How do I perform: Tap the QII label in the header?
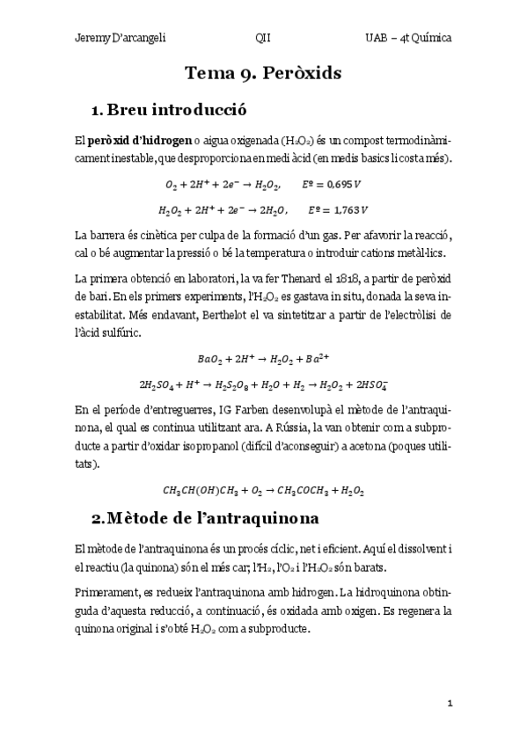(262, 39)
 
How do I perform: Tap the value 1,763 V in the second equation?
(336, 210)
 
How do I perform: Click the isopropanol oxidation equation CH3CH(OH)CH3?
(263, 489)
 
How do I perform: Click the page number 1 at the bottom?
(450, 704)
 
